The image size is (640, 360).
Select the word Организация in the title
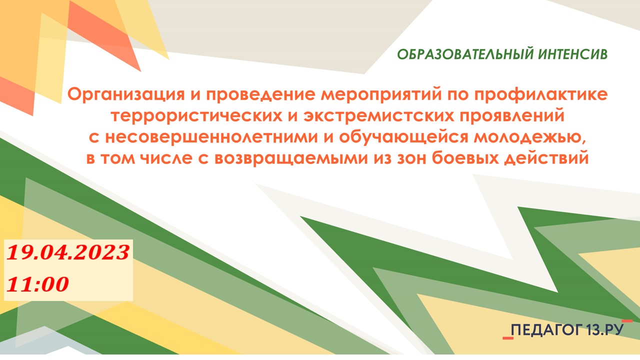(x=126, y=95)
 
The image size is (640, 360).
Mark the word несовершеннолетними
(x=211, y=137)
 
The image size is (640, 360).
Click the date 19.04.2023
(x=68, y=252)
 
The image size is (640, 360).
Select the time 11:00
(x=37, y=284)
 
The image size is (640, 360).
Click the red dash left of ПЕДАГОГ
(x=508, y=338)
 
